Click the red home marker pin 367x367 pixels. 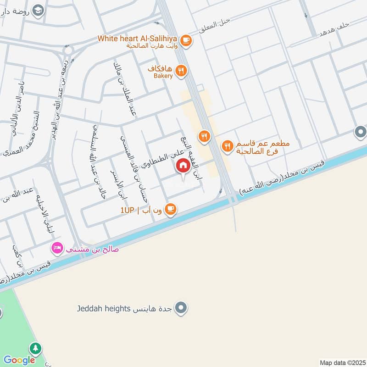coord(183,165)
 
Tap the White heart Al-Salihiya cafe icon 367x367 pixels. coord(186,41)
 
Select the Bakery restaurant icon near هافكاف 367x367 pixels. coord(182,71)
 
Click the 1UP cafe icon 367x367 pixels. coord(170,210)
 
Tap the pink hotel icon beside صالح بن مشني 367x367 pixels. coord(57,249)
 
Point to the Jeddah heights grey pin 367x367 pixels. coord(182,307)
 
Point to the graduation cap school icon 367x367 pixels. coord(39,10)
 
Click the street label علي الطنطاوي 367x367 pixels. coord(166,158)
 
